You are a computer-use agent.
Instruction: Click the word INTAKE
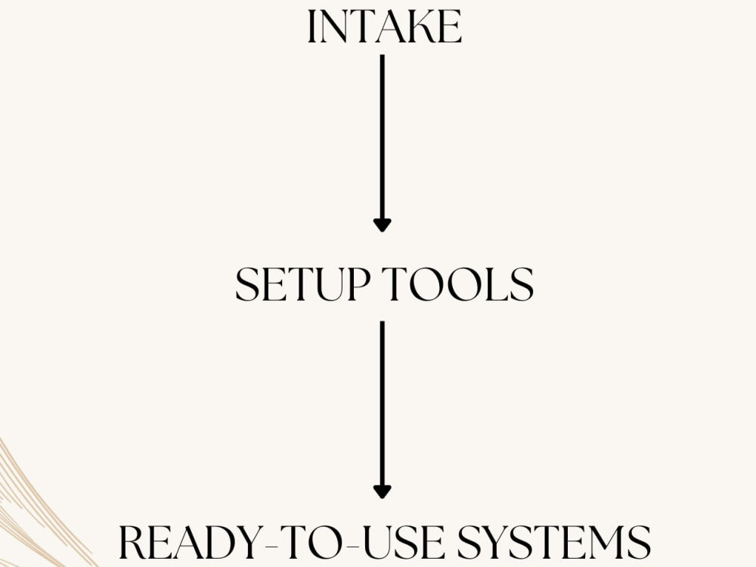pos(384,27)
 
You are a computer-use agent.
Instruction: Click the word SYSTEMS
pos(554,542)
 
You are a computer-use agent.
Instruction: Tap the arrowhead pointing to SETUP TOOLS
pos(383,225)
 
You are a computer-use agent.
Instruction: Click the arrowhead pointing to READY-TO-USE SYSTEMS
pos(383,492)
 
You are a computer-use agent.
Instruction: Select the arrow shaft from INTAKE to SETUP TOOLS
pos(383,137)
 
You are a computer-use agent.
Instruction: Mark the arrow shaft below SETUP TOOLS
pos(383,404)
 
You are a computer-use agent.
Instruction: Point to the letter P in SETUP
pos(358,284)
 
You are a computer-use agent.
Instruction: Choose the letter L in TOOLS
pos(495,284)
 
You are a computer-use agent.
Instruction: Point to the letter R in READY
pos(132,542)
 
